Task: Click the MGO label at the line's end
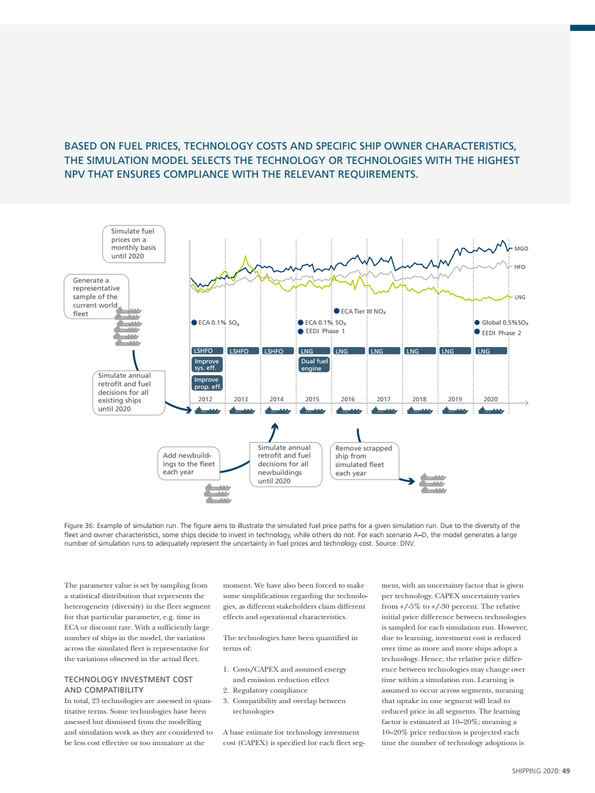(521, 249)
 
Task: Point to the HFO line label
(520, 267)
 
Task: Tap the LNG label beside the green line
(520, 297)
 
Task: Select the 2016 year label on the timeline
(347, 399)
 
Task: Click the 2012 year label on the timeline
(205, 399)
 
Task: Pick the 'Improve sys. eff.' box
(205, 365)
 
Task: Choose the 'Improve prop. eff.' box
(206, 383)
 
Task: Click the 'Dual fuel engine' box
(314, 365)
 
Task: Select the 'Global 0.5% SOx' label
(504, 323)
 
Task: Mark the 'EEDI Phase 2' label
(501, 333)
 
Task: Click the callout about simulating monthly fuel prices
(133, 243)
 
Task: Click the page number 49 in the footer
(565, 771)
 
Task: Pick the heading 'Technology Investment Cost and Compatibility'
(129, 685)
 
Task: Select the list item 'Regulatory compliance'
(270, 690)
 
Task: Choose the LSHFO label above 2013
(241, 351)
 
